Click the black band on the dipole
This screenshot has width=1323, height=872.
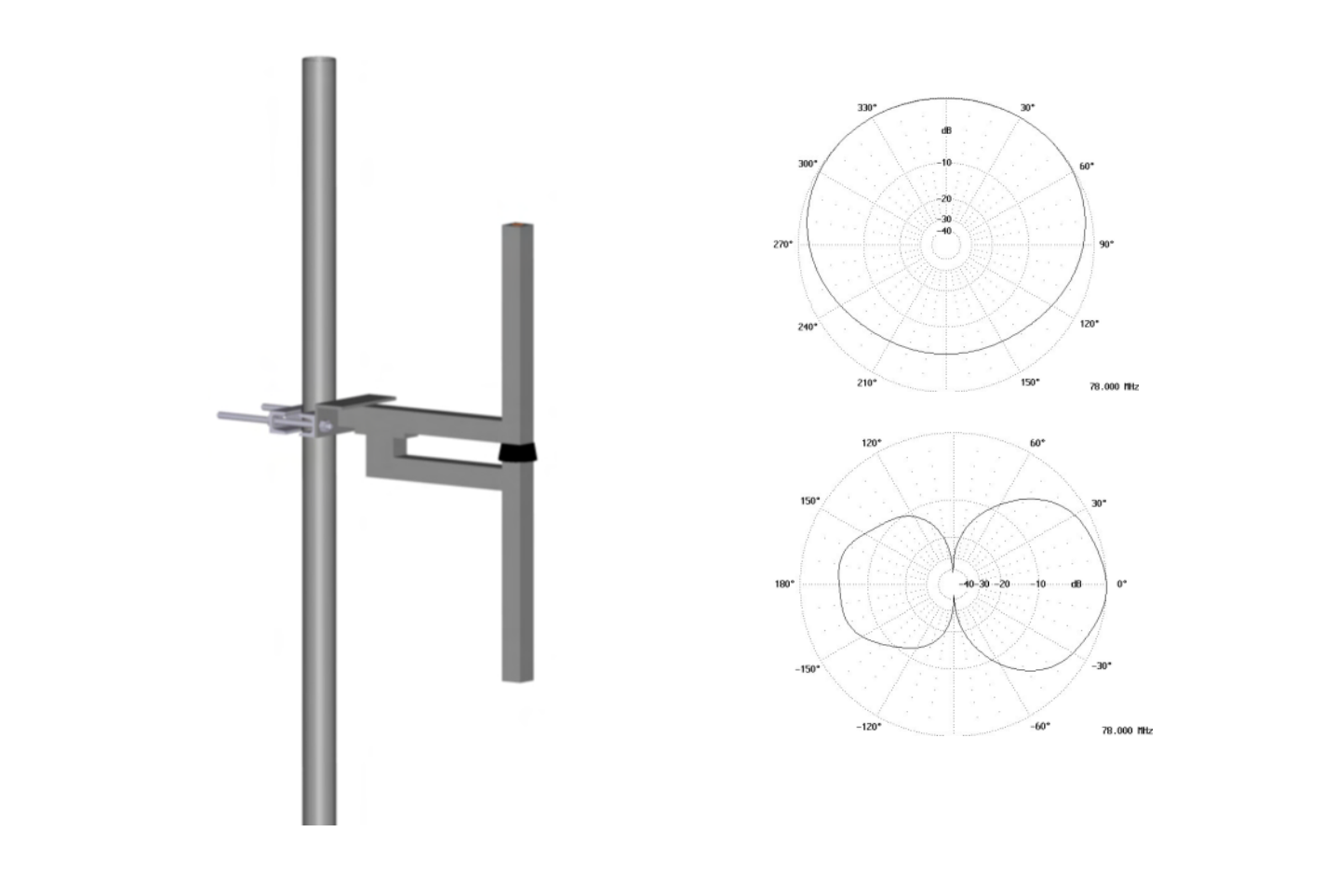pyautogui.click(x=519, y=452)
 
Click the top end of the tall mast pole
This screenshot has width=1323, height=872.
pyautogui.click(x=318, y=61)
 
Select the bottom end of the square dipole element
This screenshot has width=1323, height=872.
pyautogui.click(x=519, y=677)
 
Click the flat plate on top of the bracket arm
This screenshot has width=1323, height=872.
pyautogui.click(x=357, y=399)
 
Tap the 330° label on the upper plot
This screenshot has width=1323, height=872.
pyautogui.click(x=866, y=108)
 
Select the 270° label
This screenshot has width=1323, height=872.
pyautogui.click(x=782, y=245)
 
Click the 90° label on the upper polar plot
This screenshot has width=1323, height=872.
pyautogui.click(x=1106, y=245)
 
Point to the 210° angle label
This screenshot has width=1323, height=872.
pyautogui.click(x=866, y=382)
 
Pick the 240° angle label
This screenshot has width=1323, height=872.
pyautogui.click(x=807, y=327)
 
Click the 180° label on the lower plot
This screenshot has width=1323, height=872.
pyautogui.click(x=784, y=584)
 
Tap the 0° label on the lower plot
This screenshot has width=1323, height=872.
pyautogui.click(x=1121, y=584)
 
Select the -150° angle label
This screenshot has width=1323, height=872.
pyautogui.click(x=807, y=669)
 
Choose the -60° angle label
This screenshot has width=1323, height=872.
pyautogui.click(x=1039, y=726)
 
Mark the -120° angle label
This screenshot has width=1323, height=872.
pyautogui.click(x=868, y=726)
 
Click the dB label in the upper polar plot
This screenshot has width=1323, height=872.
pyautogui.click(x=946, y=131)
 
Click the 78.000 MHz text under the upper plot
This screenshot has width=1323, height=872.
pyautogui.click(x=1114, y=386)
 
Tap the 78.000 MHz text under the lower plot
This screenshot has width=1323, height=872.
pyautogui.click(x=1127, y=731)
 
